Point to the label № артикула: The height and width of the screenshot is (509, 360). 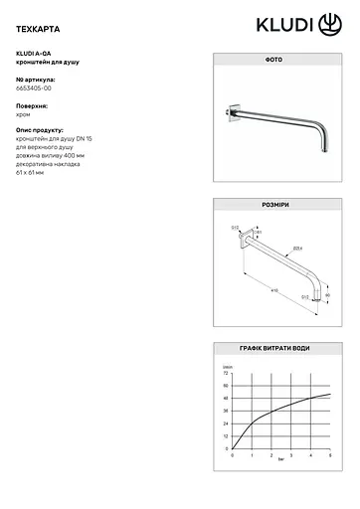coord(37,79)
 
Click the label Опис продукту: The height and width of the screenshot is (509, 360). coord(40,130)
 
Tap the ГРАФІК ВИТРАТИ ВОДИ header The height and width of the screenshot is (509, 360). coord(273,348)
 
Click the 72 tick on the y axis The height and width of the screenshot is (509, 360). coord(226,373)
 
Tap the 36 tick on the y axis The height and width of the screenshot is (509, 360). coord(226,411)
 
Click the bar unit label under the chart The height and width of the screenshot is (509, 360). coord(281,462)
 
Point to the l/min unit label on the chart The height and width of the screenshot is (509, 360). coord(227,366)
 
